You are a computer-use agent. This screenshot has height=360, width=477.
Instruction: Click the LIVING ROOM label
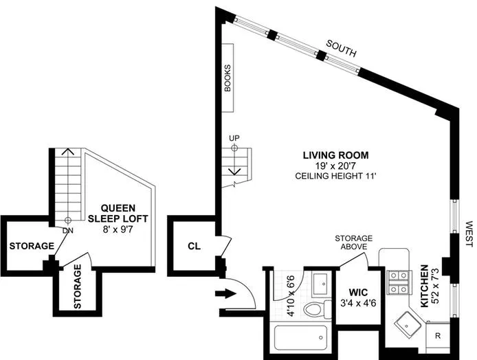click(x=336, y=155)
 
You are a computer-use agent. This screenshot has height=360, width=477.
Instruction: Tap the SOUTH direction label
click(x=342, y=47)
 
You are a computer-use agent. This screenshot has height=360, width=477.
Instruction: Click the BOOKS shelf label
click(x=228, y=78)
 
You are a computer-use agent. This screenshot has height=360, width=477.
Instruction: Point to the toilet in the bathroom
click(x=315, y=309)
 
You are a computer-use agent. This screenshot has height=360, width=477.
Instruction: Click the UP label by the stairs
click(x=234, y=137)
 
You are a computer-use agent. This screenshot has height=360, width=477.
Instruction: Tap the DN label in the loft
click(x=67, y=230)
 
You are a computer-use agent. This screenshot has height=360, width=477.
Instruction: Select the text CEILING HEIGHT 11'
click(x=336, y=177)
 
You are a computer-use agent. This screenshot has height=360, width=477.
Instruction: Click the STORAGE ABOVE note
click(x=354, y=242)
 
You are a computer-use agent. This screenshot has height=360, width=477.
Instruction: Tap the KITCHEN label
click(x=425, y=286)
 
